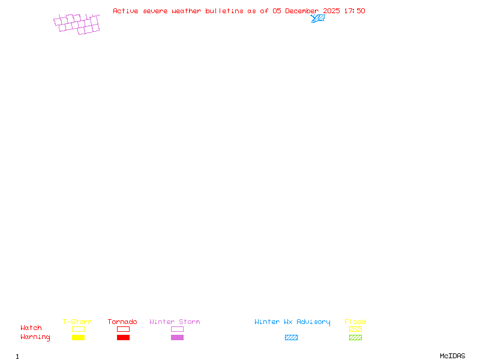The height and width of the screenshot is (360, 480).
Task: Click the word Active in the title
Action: click(x=125, y=11)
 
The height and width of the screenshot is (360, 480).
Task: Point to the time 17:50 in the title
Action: click(x=354, y=11)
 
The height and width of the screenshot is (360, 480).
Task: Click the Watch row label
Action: click(x=31, y=328)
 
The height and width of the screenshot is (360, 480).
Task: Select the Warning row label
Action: click(x=35, y=337)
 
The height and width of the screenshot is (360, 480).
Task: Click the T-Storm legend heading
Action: click(x=77, y=322)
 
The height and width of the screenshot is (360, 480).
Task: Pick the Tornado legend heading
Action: click(x=122, y=322)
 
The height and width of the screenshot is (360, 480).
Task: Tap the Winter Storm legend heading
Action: click(x=175, y=322)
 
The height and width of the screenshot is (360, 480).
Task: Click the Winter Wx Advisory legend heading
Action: click(x=292, y=322)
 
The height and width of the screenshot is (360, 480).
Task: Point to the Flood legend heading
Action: click(x=355, y=322)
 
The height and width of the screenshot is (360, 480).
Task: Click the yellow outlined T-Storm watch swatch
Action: click(x=78, y=329)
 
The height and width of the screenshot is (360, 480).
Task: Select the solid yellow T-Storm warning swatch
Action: click(x=78, y=338)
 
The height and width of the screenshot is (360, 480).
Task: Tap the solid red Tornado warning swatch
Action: click(x=123, y=338)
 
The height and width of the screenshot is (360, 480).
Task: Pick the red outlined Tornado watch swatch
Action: click(x=123, y=329)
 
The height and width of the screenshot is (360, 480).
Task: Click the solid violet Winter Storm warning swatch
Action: click(x=177, y=338)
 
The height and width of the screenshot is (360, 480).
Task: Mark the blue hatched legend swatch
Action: click(x=291, y=338)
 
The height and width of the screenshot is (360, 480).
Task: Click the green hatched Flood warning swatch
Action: click(x=355, y=338)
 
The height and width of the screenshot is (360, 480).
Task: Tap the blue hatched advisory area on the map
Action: click(x=319, y=19)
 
